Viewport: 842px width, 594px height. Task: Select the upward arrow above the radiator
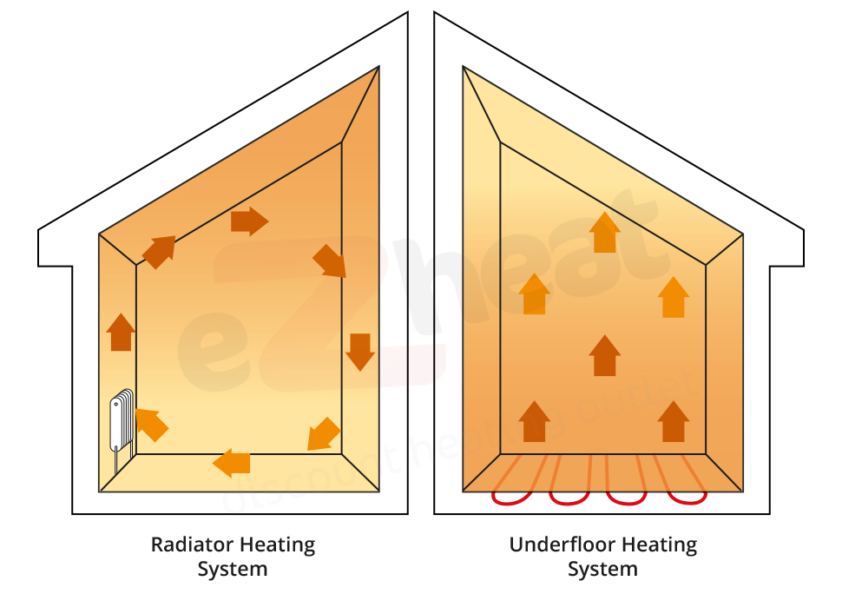(x=121, y=332)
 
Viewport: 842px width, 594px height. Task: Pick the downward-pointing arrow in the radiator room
(x=359, y=351)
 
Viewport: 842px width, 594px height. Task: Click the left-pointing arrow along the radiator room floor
(x=232, y=462)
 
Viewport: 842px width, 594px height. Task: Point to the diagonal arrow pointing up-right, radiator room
(x=159, y=251)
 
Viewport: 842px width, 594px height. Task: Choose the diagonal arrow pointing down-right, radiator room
(x=330, y=261)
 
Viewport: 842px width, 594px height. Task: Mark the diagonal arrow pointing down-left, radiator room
(x=324, y=434)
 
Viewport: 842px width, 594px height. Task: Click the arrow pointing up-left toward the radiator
(x=151, y=424)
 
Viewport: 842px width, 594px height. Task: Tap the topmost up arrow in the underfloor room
(x=604, y=232)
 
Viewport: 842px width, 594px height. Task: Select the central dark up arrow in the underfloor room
(x=604, y=355)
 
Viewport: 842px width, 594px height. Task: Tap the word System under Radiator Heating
(x=233, y=571)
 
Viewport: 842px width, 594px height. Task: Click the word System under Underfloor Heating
(x=602, y=571)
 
